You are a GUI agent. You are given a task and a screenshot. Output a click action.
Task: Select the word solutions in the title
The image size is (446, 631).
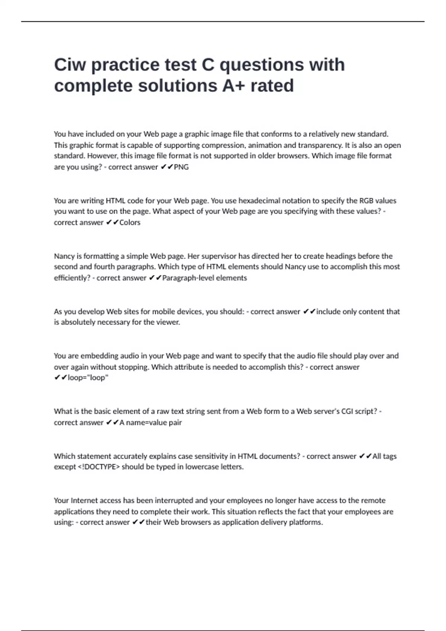click(x=178, y=86)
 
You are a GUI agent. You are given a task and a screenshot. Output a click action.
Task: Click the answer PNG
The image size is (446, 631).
click(x=181, y=167)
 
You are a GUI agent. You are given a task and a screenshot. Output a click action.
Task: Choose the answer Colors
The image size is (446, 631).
click(x=130, y=222)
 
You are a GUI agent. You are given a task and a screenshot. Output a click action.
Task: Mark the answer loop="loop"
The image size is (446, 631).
click(x=88, y=377)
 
